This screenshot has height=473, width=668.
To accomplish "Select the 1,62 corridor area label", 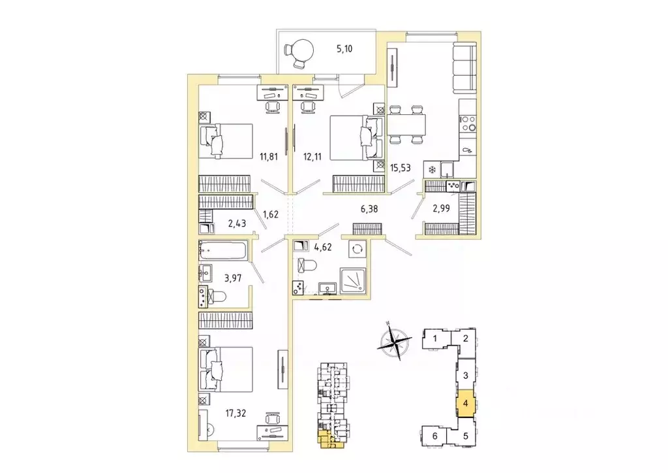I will (271, 212).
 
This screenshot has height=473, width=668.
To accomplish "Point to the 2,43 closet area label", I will (238, 224).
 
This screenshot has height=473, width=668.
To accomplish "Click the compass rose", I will (395, 342).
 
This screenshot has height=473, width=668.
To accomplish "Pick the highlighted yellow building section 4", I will (464, 403).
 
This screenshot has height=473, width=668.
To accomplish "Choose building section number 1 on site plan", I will (434, 338).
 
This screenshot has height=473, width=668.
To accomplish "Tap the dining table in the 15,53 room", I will (407, 124).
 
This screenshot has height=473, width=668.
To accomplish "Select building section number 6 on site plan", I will (433, 436).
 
